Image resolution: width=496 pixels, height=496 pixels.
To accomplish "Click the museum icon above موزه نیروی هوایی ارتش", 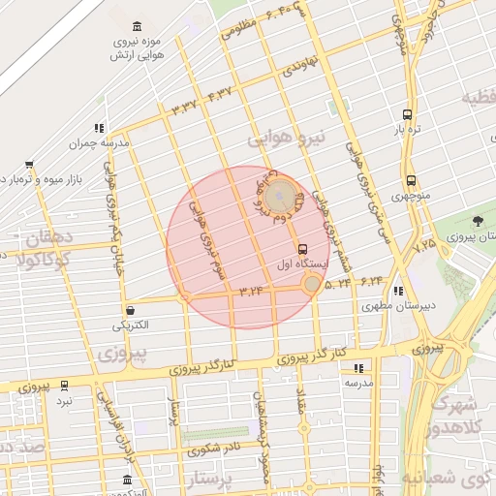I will (135, 25).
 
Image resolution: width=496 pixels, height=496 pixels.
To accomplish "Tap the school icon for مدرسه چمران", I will (98, 127).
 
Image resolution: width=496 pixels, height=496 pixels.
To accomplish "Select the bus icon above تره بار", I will (407, 113).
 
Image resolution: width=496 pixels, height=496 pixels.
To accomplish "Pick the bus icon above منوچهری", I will (411, 180).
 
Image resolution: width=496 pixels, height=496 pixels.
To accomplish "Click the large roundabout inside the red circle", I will (280, 197).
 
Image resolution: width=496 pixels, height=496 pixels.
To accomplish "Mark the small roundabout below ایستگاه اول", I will (311, 284).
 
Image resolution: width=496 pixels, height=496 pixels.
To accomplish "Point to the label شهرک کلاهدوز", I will (463, 417).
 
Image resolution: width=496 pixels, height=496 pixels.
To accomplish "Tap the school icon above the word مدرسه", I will (358, 368).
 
